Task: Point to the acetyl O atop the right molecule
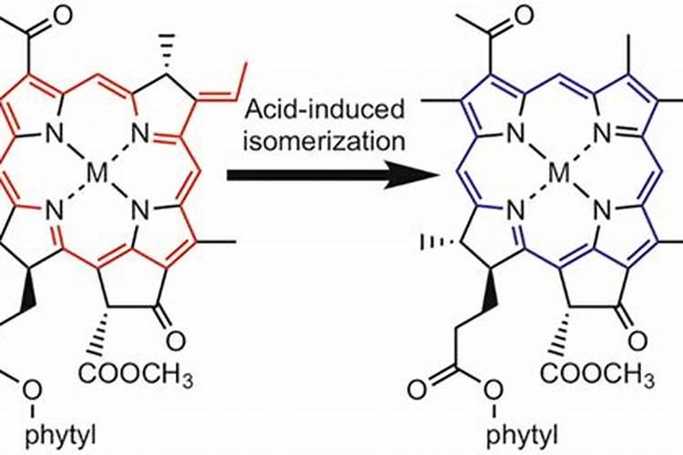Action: [x=525, y=15]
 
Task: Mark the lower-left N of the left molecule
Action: [x=54, y=210]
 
